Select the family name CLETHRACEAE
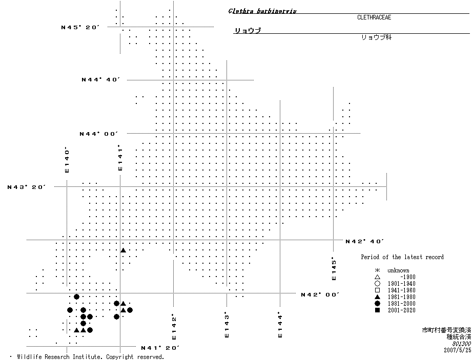tap(374, 17)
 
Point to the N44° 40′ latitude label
tap(100, 80)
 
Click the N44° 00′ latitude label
tap(99, 134)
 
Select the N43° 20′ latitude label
tap(27, 187)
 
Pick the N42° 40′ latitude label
tap(365, 241)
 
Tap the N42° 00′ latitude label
tap(320, 294)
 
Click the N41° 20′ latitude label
tap(160, 348)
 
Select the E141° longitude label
tap(120, 158)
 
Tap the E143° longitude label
tap(227, 325)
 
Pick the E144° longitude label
tap(280, 325)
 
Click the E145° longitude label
tap(334, 268)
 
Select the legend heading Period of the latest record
tap(402, 257)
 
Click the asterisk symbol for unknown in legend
tap(377, 270)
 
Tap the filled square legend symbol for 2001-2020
tap(377, 310)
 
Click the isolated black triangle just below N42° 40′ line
tap(123, 250)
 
